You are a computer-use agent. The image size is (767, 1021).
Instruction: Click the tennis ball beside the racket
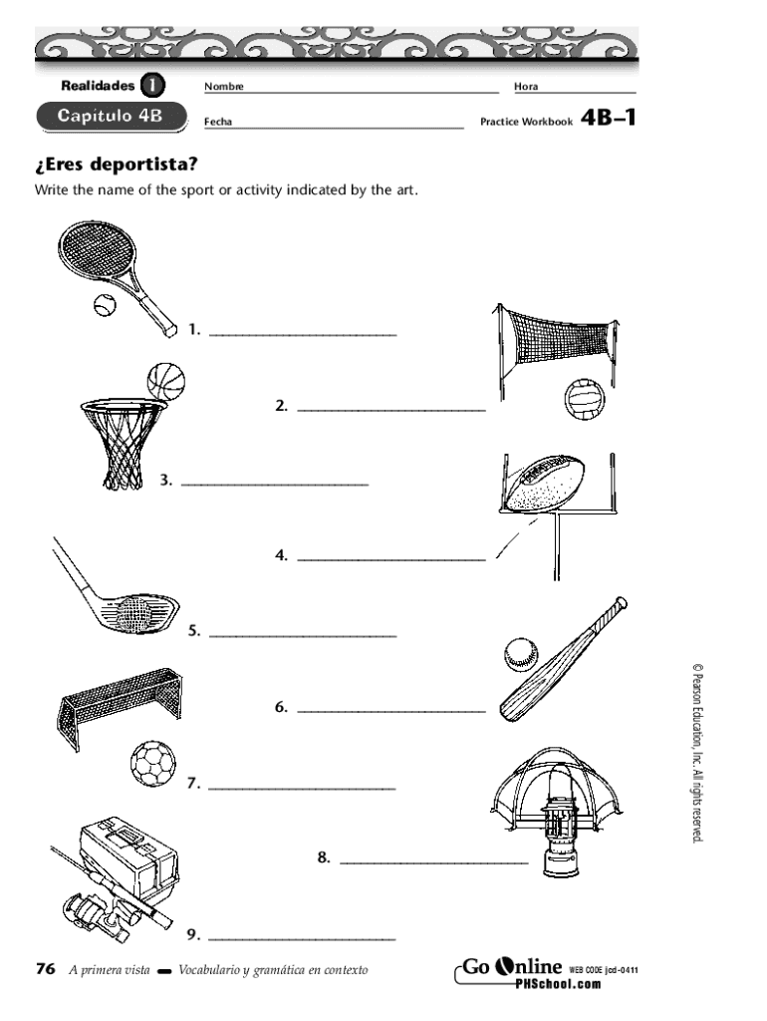coord(104,305)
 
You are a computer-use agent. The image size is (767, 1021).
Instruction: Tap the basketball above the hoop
coord(166,381)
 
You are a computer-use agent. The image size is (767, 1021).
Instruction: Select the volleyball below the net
coord(583,401)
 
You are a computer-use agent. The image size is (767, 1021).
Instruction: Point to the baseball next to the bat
coord(520,653)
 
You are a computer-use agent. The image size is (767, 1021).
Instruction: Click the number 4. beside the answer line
coord(282,555)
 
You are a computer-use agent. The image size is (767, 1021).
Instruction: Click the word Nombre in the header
coord(223,88)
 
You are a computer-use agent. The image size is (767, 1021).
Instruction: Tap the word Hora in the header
coord(525,88)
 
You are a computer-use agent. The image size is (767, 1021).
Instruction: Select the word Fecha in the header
coord(217,123)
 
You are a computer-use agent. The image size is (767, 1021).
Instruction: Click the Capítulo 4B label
coord(110,117)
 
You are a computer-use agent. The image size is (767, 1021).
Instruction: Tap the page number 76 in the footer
coord(44,969)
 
